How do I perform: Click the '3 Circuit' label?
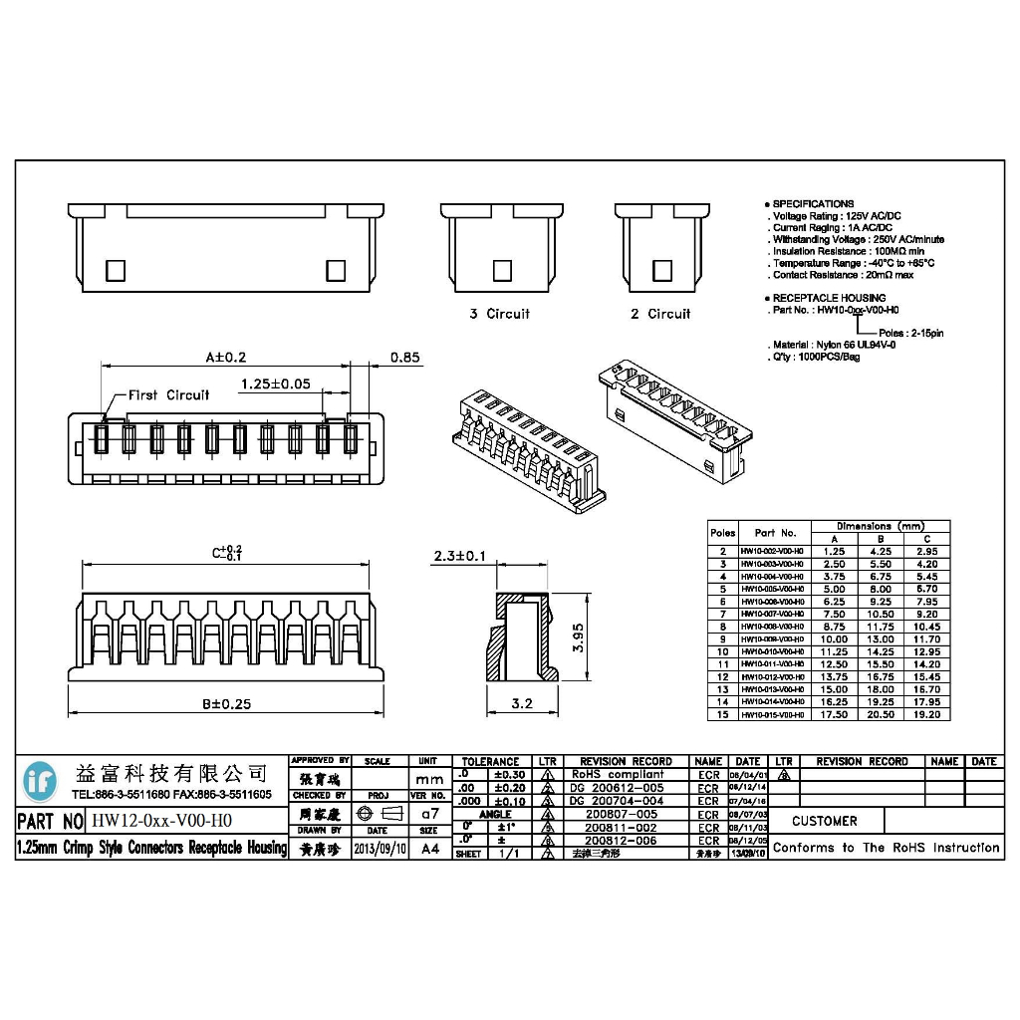tap(500, 314)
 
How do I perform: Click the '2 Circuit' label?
tap(659, 314)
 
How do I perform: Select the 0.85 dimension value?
tap(404, 358)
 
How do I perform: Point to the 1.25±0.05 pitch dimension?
tap(276, 383)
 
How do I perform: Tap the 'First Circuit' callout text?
tap(168, 395)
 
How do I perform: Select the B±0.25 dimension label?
tap(226, 703)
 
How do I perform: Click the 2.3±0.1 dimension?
tap(459, 556)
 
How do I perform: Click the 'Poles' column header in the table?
tap(722, 533)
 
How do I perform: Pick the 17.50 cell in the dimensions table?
tap(835, 714)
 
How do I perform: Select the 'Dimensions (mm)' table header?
tap(881, 526)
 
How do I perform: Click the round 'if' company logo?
tap(41, 780)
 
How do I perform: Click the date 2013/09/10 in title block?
tap(380, 849)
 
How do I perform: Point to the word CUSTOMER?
tap(825, 822)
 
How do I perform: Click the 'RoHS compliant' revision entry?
tap(617, 774)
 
